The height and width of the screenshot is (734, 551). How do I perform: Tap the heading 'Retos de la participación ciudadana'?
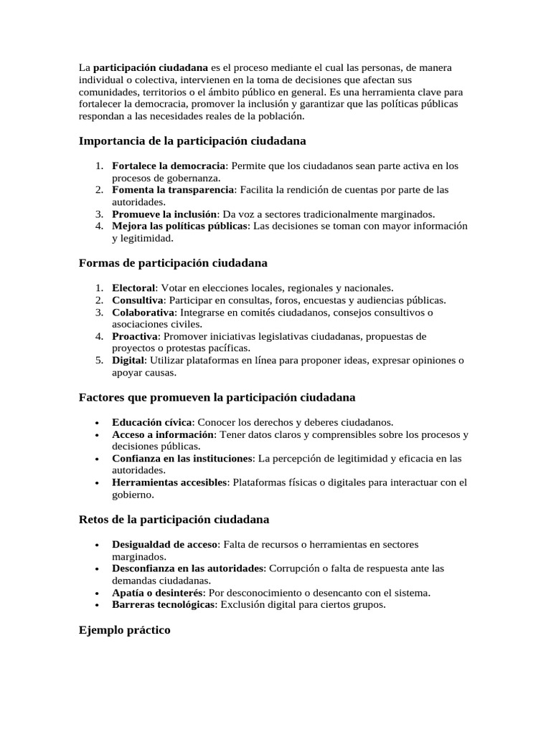[x=174, y=518]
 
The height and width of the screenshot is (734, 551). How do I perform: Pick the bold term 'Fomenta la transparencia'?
[x=173, y=190]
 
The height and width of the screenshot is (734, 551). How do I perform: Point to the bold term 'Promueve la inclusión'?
[x=164, y=214]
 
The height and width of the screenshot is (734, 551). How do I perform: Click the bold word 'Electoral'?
[x=133, y=287]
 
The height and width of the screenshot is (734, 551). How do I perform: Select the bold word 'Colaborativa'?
[x=143, y=312]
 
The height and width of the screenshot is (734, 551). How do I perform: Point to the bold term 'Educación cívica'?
[x=151, y=422]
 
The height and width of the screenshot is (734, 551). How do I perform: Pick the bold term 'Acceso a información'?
[x=163, y=434]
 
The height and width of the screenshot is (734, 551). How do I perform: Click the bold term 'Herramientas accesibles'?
[x=169, y=482]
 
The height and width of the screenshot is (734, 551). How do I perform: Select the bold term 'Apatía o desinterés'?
[x=157, y=593]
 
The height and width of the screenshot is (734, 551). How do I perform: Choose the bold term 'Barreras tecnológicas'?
[x=163, y=604]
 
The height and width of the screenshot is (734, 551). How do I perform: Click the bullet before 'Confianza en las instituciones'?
[x=97, y=459]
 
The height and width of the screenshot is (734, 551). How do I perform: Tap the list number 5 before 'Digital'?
[x=99, y=361]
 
